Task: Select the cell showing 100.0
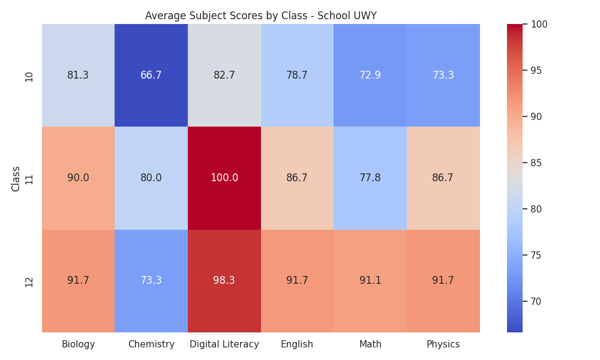point(224,178)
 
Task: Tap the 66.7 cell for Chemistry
point(151,75)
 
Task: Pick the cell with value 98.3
point(224,281)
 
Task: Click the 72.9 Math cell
point(370,75)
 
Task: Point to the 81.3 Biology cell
point(78,75)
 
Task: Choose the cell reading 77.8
point(370,178)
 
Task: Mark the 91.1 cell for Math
point(370,281)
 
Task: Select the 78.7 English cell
point(298,75)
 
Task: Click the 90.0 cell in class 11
point(78,178)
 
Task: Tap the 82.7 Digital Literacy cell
point(224,75)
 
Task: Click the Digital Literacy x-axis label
point(224,344)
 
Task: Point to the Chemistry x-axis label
point(151,344)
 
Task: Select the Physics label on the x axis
point(443,344)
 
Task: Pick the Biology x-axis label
point(78,344)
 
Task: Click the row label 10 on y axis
point(29,77)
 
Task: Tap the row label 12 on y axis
point(29,282)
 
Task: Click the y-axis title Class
point(16,179)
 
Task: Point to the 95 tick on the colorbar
point(536,70)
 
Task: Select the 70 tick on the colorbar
point(536,301)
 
